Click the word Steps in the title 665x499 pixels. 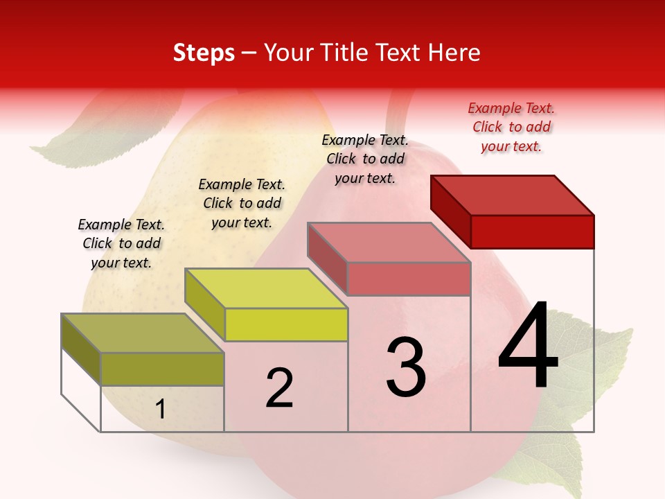tap(204, 53)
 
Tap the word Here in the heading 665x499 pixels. tap(454, 53)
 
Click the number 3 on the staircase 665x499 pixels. tap(406, 367)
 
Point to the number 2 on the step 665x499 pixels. tap(279, 388)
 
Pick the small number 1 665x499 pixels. tap(160, 409)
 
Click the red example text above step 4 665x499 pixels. tap(511, 127)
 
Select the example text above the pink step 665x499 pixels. tap(365, 159)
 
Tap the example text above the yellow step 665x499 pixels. tap(242, 203)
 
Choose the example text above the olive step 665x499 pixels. tap(121, 243)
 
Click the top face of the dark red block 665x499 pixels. tap(513, 195)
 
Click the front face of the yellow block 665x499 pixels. tap(286, 324)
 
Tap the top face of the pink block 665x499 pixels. tap(389, 243)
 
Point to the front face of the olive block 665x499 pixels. tap(162, 369)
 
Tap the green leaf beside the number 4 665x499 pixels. tap(610, 360)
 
